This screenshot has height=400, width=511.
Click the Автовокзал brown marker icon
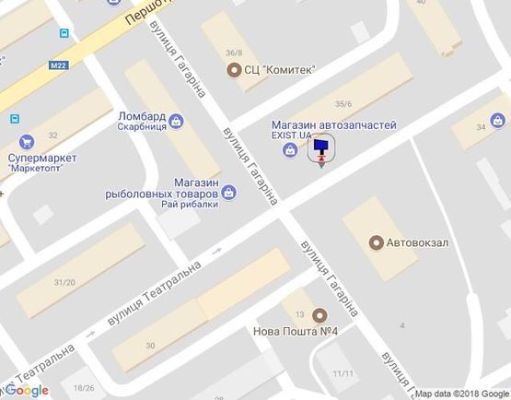tap(376, 242)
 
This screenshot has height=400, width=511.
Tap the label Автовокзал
tap(416, 242)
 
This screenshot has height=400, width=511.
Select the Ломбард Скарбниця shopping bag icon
tap(177, 119)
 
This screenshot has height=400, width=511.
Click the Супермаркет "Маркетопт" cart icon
tap(27, 142)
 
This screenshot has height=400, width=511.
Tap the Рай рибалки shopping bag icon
tap(229, 193)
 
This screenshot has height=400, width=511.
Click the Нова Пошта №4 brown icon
tap(319, 314)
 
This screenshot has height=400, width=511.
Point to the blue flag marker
tap(320, 147)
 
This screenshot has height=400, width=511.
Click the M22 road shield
tap(60, 65)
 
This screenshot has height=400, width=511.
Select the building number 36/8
tap(235, 52)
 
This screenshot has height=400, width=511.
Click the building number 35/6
tap(344, 104)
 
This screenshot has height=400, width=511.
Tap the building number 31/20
tap(64, 282)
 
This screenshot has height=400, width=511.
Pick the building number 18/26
tap(85, 388)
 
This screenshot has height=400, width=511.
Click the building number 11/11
tap(343, 373)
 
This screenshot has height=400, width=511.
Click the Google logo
tap(28, 390)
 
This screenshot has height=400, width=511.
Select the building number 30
tap(150, 345)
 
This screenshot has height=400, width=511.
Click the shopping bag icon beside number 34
tap(498, 119)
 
